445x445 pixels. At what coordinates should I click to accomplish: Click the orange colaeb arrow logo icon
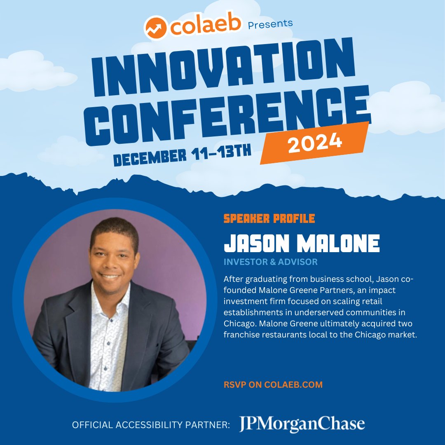[155, 28]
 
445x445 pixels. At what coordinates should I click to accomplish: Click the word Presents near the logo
[270, 24]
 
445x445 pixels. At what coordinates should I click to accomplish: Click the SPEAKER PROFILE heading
[269, 218]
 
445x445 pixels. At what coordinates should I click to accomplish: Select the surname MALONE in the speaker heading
[340, 244]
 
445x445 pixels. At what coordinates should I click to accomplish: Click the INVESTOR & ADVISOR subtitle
[270, 262]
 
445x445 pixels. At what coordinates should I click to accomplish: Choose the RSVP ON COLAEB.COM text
[273, 385]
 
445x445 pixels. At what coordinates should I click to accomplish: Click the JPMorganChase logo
[302, 424]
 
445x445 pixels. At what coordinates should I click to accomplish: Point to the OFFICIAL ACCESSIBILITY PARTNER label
[150, 425]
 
